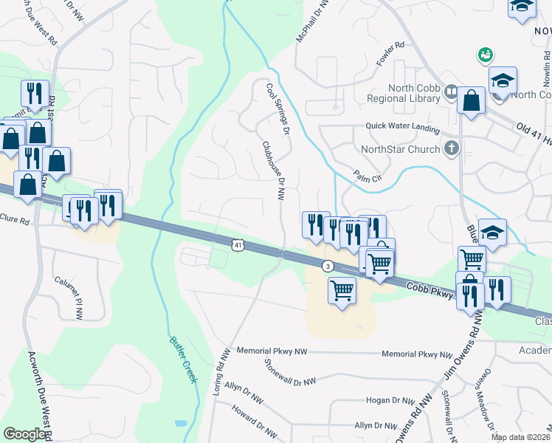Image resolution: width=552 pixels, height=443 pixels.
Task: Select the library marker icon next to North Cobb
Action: [451, 92]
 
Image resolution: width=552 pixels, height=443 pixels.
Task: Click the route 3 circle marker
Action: [328, 266]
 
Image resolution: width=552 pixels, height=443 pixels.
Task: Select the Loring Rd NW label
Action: [218, 372]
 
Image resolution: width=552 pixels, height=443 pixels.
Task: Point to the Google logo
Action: [24, 434]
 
